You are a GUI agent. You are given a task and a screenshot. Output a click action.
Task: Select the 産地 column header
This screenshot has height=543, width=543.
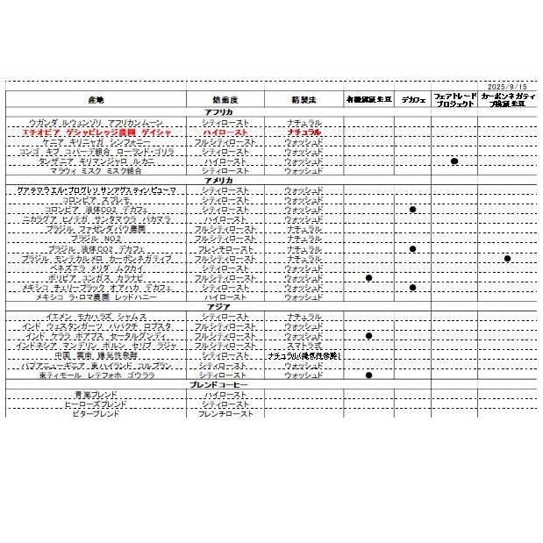pos(96,100)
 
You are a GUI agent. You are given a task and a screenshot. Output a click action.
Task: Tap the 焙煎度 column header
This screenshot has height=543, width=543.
pos(225,100)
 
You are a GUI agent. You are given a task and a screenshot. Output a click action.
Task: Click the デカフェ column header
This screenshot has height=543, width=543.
pos(412,100)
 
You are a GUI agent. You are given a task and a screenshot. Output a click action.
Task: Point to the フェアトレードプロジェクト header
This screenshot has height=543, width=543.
pos(455,99)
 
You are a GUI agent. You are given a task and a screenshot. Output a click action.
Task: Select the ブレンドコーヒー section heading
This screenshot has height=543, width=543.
pos(219,385)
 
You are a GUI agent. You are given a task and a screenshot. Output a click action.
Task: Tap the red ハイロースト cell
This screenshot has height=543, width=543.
pos(225,132)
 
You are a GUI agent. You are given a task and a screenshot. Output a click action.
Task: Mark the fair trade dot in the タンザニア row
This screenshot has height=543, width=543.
pos(454,161)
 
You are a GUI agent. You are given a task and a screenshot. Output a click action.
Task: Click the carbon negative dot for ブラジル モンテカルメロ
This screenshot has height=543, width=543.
pos(508,259)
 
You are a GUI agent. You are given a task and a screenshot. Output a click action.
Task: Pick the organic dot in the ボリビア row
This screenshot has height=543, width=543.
pos(369,278)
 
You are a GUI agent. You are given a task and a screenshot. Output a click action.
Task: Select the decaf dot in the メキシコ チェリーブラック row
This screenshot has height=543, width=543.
pos(412,288)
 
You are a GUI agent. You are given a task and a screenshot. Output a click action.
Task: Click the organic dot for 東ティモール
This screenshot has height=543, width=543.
pos(369,375)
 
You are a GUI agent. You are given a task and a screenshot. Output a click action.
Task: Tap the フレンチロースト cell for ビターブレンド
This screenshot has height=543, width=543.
pos(225,413)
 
